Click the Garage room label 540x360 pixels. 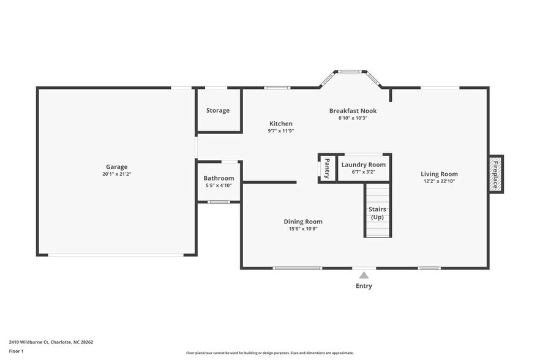pos(116,167)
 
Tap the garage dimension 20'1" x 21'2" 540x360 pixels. pos(116,174)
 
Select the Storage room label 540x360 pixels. pos(217,110)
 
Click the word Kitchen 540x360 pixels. pos(281,124)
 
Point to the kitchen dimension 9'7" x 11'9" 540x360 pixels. pos(281,131)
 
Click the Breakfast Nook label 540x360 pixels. pos(353,111)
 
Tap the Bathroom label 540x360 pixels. pos(219,178)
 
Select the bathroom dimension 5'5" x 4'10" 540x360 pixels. pos(219,186)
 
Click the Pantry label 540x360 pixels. pos(327,167)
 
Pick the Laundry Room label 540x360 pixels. pos(363,165)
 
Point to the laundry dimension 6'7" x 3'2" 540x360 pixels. pos(363,172)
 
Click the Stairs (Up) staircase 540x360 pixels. pos(377,211)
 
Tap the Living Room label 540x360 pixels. pos(439,174)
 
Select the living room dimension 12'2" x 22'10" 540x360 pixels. pos(439,181)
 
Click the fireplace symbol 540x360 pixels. pos(496,174)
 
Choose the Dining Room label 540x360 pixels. pos(302,222)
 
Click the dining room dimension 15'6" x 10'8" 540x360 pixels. pos(302,229)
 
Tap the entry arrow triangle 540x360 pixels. pos(364,276)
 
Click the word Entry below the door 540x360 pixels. pos(364,286)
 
